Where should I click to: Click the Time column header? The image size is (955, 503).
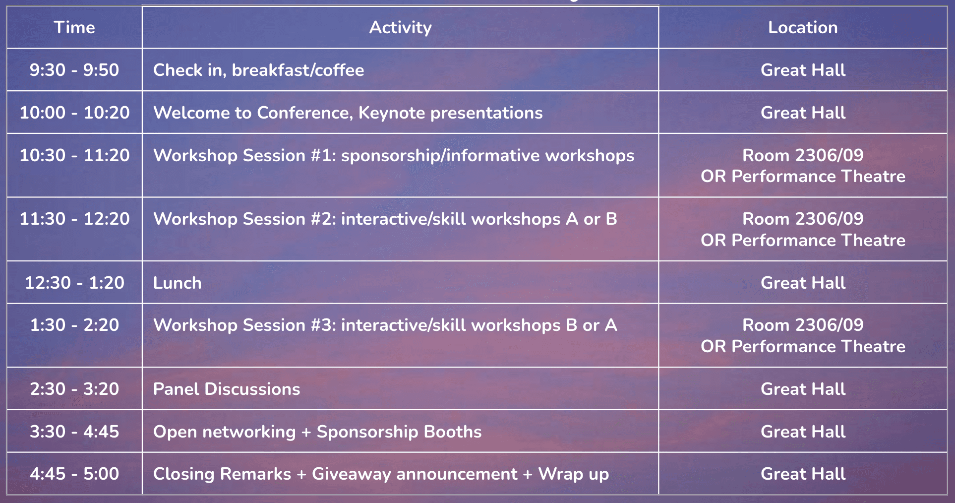(74, 27)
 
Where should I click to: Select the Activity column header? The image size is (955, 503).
(401, 28)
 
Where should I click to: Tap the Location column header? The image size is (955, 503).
(803, 27)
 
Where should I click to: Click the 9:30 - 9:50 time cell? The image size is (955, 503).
(74, 70)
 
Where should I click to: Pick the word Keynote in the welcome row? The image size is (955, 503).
(392, 113)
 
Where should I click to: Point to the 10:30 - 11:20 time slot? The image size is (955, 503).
(74, 155)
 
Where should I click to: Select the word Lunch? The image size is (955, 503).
(178, 283)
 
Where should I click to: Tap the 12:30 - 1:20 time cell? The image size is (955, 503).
(74, 283)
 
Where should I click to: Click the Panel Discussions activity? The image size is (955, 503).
(227, 389)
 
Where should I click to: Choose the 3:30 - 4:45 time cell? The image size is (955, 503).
(74, 432)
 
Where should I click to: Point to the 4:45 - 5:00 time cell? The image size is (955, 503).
(74, 474)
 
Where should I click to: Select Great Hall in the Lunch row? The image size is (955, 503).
(803, 283)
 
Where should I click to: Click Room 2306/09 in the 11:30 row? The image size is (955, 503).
(803, 219)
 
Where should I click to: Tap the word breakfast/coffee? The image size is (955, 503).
(298, 70)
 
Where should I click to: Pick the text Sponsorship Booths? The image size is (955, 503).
(399, 432)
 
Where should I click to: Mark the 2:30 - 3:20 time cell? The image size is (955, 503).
(74, 389)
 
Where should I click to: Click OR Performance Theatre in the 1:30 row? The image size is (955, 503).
(803, 346)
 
